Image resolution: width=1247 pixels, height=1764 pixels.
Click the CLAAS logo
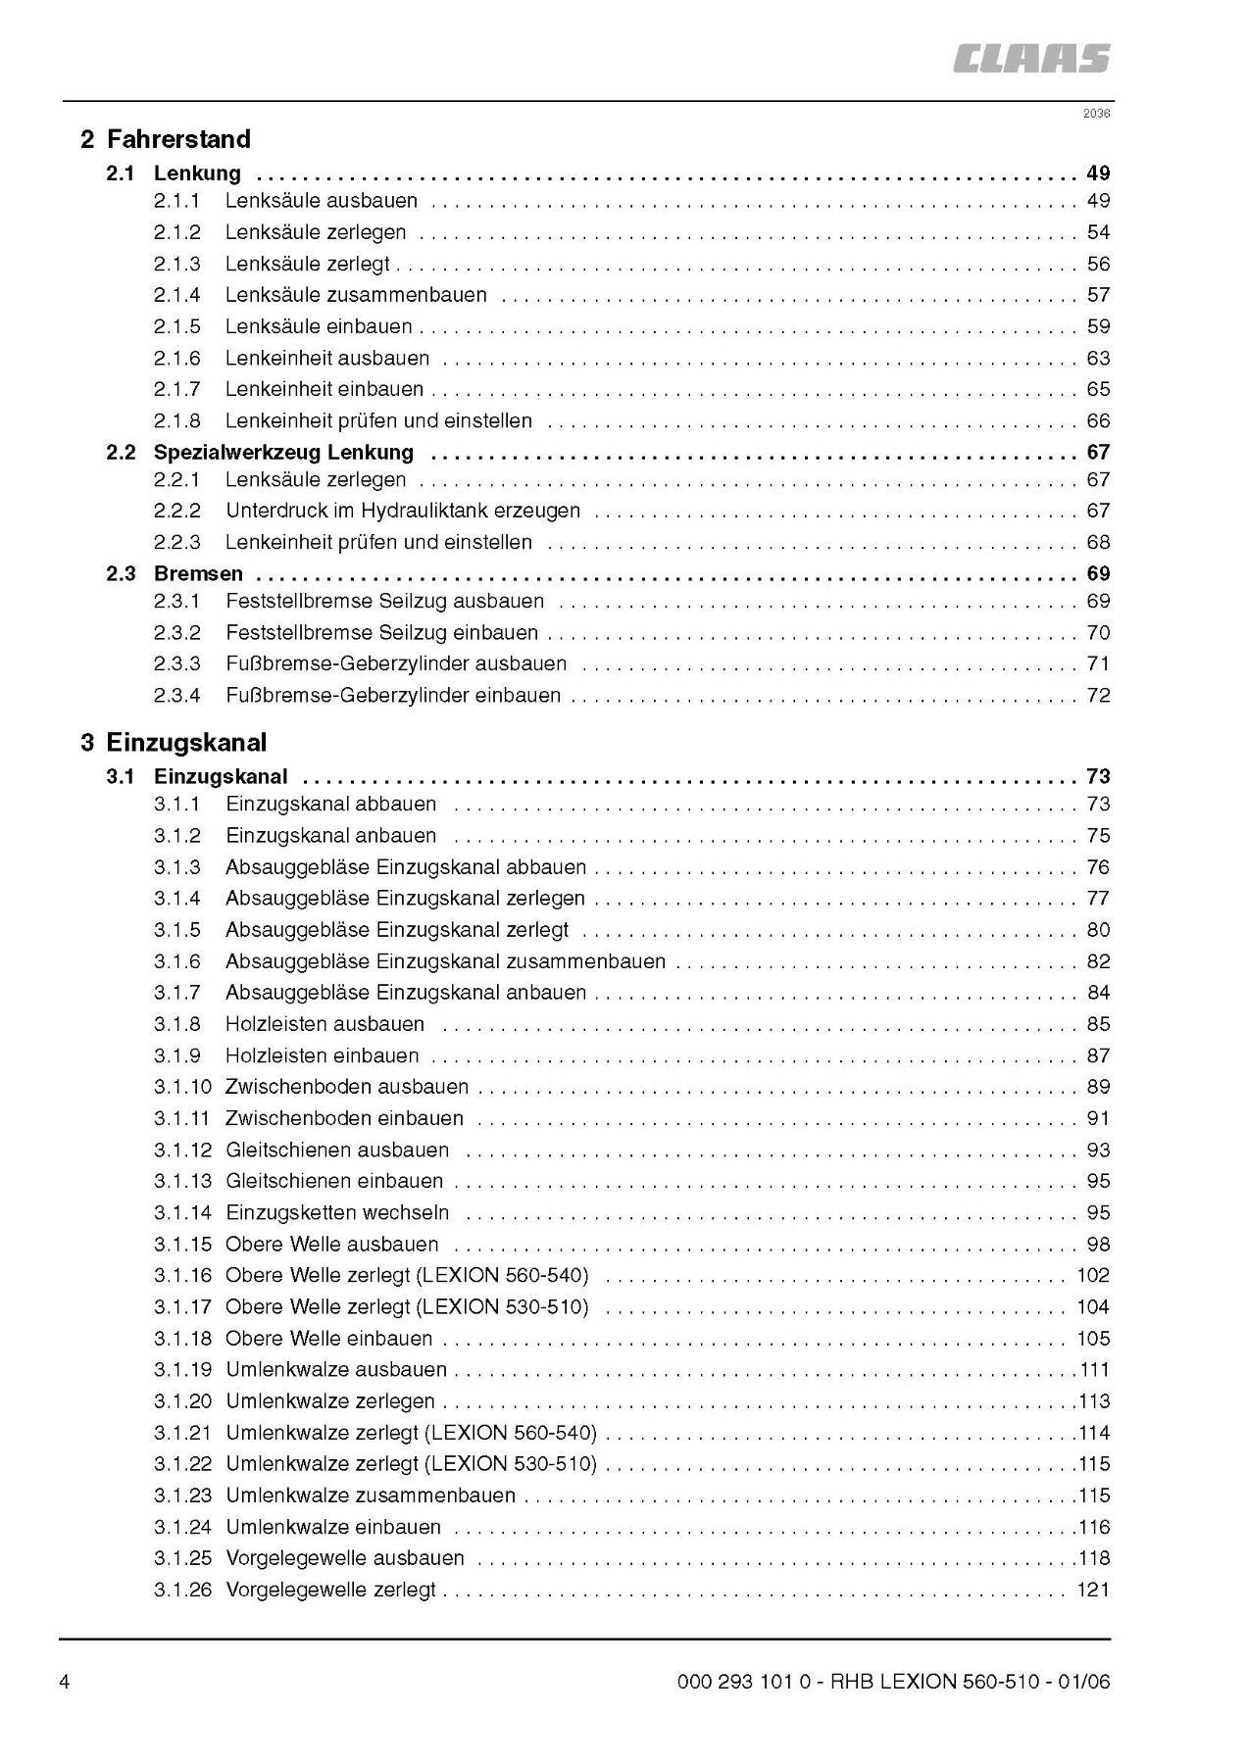point(1030,59)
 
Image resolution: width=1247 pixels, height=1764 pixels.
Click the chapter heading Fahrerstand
point(178,139)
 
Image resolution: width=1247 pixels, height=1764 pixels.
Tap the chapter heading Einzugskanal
point(186,742)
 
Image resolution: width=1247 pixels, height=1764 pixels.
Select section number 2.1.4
point(176,295)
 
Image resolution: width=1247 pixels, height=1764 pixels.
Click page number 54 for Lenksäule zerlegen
point(1098,232)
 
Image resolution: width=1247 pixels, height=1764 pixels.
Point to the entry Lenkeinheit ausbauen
point(327,358)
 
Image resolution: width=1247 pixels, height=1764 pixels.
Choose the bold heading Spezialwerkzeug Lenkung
point(283,452)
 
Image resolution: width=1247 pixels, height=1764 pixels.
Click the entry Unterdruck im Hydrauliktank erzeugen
point(402,511)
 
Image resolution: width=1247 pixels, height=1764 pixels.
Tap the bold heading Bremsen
point(198,573)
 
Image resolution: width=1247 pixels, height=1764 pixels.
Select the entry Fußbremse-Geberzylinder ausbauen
point(396,663)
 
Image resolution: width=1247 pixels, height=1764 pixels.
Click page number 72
point(1098,695)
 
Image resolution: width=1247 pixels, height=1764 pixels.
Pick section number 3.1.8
point(176,1024)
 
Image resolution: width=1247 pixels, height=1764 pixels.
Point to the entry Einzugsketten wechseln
point(337,1212)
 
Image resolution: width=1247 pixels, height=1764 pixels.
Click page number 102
point(1093,1275)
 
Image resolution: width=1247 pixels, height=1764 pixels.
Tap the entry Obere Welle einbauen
point(328,1338)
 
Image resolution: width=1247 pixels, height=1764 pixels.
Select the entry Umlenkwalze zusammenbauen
point(371,1495)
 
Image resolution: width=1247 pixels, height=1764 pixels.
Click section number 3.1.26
point(182,1590)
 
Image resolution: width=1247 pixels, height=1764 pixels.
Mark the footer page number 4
point(65,1683)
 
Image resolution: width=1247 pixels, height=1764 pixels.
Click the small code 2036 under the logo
point(1096,114)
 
